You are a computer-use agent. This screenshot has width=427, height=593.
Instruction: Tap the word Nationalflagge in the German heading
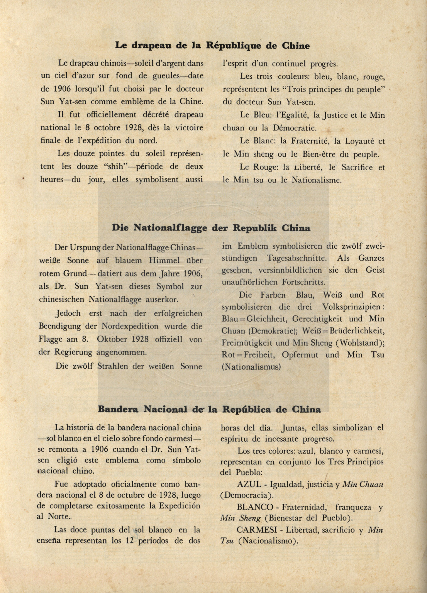tap(170, 228)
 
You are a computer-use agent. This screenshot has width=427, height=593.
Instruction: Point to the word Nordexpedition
tap(130, 326)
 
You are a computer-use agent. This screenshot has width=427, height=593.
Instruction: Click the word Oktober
tap(112, 339)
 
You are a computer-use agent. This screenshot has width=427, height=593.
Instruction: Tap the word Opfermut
tap(300, 355)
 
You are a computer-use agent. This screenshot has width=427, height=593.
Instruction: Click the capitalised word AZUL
tap(249, 485)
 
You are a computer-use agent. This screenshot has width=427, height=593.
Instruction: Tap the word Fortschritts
tap(303, 282)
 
